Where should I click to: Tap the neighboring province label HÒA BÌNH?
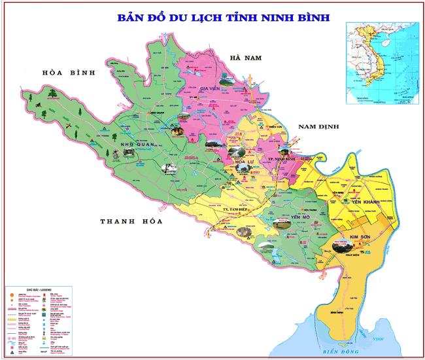[x=68, y=72]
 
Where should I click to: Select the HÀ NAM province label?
[x=244, y=58]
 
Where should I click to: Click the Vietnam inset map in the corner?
[x=383, y=63]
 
